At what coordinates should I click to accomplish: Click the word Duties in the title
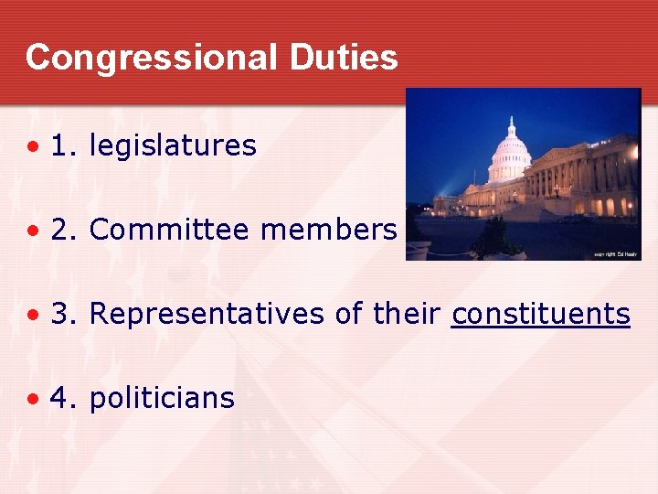(344, 58)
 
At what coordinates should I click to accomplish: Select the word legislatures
(173, 145)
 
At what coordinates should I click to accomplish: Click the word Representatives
(207, 314)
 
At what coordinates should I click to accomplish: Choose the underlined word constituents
(541, 314)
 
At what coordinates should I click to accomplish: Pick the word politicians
(162, 398)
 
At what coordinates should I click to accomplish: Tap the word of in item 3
(348, 314)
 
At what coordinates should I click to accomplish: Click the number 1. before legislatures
(64, 145)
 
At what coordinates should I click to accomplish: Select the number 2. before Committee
(64, 230)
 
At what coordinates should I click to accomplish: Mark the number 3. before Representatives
(64, 314)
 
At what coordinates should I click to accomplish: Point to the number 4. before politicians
(64, 398)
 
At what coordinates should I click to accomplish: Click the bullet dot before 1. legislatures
(33, 146)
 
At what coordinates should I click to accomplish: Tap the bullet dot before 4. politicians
(33, 399)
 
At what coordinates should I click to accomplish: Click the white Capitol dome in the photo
(510, 151)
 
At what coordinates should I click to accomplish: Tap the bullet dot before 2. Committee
(33, 231)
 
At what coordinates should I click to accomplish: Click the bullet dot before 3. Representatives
(33, 315)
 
